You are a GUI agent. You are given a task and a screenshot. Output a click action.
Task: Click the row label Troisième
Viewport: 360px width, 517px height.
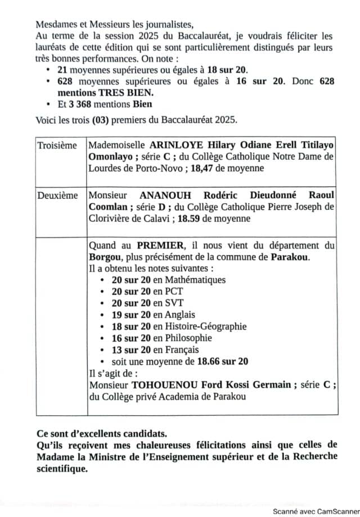(57, 146)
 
